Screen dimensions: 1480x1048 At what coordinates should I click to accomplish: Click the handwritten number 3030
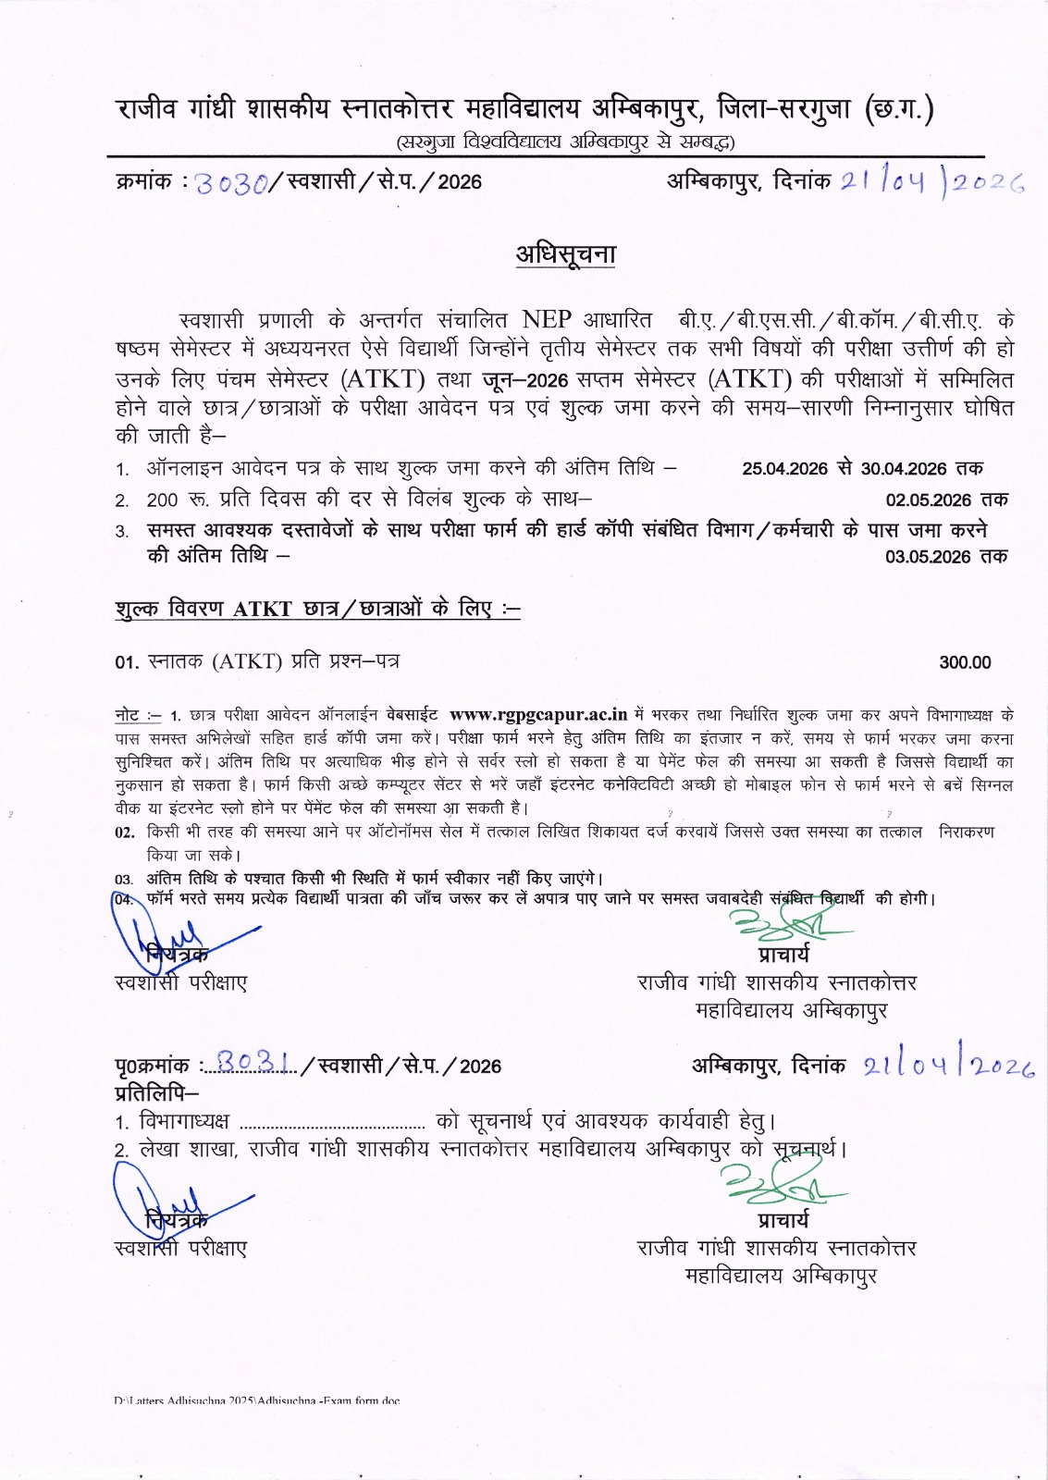pyautogui.click(x=234, y=182)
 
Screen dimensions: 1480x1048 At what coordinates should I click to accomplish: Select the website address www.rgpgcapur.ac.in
pyautogui.click(x=538, y=714)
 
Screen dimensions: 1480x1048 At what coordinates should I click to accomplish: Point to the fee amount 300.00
pyautogui.click(x=965, y=662)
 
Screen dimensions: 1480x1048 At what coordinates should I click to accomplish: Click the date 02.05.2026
pyautogui.click(x=928, y=500)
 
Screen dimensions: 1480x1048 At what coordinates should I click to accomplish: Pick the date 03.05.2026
pyautogui.click(x=928, y=557)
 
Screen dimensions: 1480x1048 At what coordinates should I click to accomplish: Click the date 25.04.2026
pyautogui.click(x=784, y=468)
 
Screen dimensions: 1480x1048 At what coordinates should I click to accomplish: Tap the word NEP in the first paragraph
pyautogui.click(x=547, y=321)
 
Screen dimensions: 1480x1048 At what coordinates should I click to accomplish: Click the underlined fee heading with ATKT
pyautogui.click(x=317, y=609)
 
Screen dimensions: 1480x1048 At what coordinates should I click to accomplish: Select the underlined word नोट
pyautogui.click(x=130, y=715)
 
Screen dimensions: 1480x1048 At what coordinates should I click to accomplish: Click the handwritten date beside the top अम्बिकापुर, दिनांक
pyautogui.click(x=931, y=181)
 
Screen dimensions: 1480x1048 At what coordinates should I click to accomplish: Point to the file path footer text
pyautogui.click(x=258, y=1400)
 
